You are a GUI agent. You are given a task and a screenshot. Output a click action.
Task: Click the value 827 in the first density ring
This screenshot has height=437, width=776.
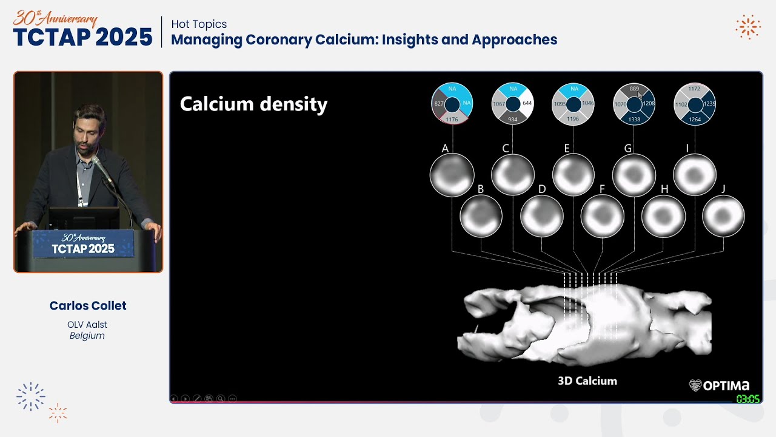pos(439,104)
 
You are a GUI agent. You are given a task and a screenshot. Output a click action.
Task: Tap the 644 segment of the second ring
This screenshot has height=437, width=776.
pos(527,103)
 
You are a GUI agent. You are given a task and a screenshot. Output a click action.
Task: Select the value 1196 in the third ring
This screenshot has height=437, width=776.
pos(573,119)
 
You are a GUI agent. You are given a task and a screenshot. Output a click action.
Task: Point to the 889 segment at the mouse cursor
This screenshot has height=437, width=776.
pos(634,89)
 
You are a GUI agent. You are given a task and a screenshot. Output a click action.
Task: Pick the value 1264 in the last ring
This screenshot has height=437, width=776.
pos(695,120)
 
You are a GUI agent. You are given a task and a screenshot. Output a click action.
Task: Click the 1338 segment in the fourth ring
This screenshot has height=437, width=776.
pos(634,120)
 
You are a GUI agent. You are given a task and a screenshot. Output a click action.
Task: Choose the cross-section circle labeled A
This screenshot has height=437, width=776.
pos(452,175)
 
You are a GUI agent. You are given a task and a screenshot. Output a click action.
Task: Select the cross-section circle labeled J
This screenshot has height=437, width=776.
pos(723,215)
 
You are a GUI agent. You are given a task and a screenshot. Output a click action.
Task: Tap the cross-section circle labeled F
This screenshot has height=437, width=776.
pos(602,215)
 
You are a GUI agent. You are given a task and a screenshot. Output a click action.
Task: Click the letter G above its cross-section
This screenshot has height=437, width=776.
pos(628,148)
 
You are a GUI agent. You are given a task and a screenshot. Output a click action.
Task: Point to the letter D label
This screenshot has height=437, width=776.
pos(542,189)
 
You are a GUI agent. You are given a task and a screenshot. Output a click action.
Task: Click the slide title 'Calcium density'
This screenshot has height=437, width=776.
pos(253,104)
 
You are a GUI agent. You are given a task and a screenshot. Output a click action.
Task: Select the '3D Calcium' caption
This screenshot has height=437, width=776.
pos(587,381)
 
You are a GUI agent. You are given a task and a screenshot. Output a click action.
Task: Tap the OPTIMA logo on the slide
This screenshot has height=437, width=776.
pos(719,385)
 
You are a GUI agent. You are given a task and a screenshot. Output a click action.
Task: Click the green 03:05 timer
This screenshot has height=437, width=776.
pos(748,399)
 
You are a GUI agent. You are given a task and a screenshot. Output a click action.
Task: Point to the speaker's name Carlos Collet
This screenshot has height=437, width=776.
pos(88,306)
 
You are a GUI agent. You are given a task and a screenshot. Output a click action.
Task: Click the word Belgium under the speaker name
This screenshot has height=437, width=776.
pos(87,336)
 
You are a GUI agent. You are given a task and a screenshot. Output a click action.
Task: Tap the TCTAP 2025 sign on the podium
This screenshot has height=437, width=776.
pos(83,244)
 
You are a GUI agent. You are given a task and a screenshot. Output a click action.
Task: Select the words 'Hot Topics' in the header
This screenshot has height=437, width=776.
pos(199,24)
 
